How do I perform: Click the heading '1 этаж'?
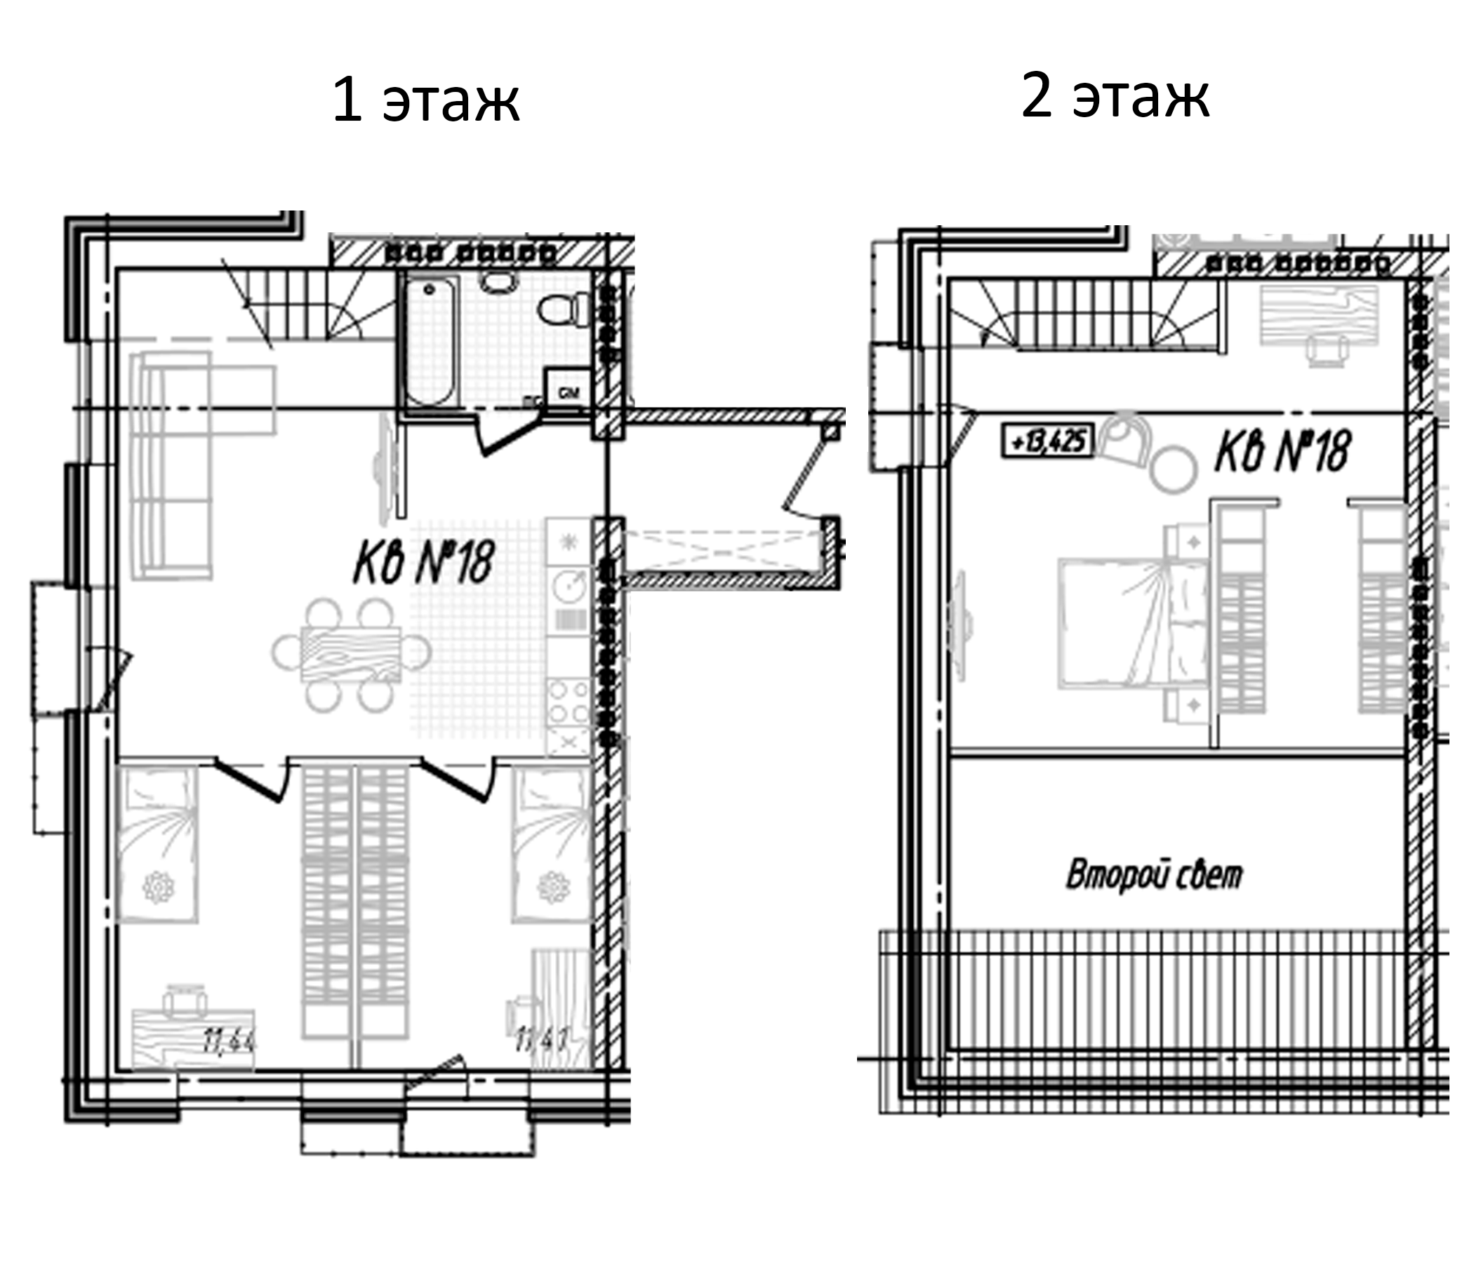point(425,100)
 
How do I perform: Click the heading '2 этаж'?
point(1115,96)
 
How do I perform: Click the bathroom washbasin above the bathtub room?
point(496,281)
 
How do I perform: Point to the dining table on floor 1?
point(352,653)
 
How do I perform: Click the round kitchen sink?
point(569,586)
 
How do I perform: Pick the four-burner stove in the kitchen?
point(569,701)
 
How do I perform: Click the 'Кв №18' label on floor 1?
point(423,561)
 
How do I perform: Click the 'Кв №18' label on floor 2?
point(1282,451)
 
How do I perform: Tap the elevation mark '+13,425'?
point(1047,441)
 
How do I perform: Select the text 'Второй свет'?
point(1154,876)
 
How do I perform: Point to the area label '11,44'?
point(229,1042)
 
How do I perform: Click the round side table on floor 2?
point(1174,469)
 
